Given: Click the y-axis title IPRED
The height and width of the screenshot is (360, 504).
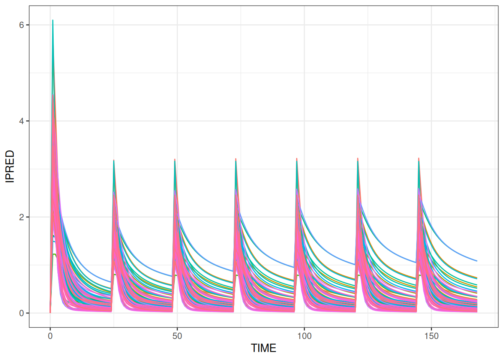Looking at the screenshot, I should tap(10, 166).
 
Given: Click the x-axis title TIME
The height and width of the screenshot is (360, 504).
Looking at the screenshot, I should tap(264, 348).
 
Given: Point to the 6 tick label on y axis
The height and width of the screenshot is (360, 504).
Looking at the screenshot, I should tap(21, 25).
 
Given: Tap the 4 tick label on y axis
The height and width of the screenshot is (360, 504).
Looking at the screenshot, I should tap(21, 121).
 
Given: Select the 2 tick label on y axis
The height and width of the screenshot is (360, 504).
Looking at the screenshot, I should tap(21, 217).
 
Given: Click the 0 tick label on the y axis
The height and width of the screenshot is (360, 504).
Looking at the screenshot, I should tap(21, 313).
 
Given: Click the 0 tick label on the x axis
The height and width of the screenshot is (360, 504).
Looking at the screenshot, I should tap(50, 336).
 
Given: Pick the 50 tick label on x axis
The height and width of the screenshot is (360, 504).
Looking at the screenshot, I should tap(177, 336).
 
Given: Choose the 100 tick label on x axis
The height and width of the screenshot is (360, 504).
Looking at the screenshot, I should tap(304, 336).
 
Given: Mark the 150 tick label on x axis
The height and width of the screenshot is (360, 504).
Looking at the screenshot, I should tap(431, 336).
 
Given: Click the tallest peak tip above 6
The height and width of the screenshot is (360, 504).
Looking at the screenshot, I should tap(53, 20).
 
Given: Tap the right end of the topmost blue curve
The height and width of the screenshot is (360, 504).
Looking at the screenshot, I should tap(477, 261).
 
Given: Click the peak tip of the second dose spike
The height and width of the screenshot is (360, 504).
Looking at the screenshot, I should tap(114, 160).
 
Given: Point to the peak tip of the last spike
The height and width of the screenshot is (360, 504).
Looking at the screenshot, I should tap(418, 158).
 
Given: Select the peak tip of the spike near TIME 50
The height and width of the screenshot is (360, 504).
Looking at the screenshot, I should tap(175, 159).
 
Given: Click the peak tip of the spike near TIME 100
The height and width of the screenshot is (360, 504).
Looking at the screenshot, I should tap(297, 158).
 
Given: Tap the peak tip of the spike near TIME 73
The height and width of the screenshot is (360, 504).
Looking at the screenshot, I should tap(235, 159).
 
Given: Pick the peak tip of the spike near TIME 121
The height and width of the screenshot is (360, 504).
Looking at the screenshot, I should tap(358, 158).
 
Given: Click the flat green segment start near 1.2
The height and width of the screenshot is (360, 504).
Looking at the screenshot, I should tap(54, 254).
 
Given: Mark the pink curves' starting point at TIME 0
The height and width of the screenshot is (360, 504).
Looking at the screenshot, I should tap(50, 312).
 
